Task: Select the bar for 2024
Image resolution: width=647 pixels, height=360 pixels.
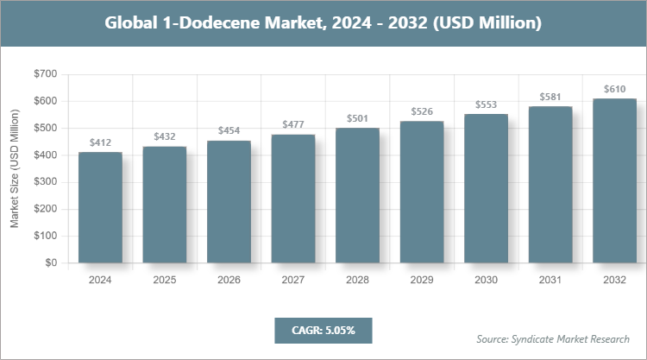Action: coord(100,207)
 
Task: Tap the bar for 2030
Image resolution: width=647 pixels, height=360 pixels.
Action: coord(486,188)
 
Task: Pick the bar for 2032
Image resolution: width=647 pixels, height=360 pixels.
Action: coord(614,180)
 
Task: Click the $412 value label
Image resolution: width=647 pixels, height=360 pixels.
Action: coord(100,142)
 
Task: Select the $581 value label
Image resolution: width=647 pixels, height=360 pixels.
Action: coord(550,97)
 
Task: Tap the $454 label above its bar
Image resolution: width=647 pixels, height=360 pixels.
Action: coord(229,130)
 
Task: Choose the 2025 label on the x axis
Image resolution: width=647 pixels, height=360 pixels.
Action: coord(165,280)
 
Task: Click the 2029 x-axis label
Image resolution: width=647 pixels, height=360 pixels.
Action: coord(422,280)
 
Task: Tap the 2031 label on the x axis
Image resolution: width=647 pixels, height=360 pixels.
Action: coord(550,280)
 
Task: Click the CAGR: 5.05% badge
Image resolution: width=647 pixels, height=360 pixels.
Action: coord(323,330)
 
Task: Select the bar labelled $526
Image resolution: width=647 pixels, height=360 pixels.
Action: coord(422,192)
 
